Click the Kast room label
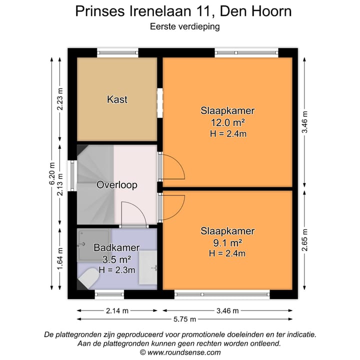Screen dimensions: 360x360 coord(117,99)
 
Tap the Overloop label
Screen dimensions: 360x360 coord(117,185)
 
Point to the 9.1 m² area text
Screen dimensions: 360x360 coord(227,242)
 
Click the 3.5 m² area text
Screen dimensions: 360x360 coord(116,259)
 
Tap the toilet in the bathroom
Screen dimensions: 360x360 coord(87,278)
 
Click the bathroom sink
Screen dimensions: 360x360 coord(147,267)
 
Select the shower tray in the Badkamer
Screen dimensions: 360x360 coord(93,244)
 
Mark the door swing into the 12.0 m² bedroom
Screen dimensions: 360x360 coord(172,167)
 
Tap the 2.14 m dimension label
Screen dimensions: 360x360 coord(117,310)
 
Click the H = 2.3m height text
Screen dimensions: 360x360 coord(117,270)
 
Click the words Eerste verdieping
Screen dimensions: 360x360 coord(184,27)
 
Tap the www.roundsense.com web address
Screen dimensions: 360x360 coord(183,352)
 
